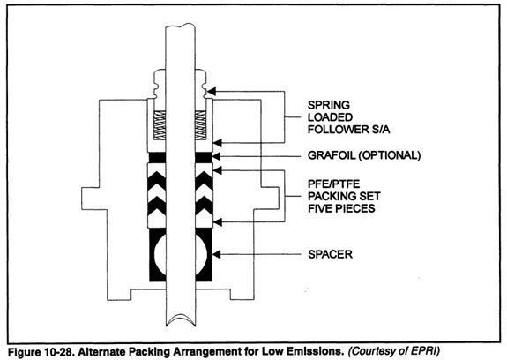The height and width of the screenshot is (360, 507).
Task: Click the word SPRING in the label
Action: pos(329,105)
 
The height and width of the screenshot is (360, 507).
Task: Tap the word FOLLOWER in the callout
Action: pos(338,130)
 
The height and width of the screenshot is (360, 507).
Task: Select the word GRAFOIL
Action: pos(332,155)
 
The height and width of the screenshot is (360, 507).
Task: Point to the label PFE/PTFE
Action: pos(333,184)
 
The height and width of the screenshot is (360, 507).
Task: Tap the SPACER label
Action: pos(330,254)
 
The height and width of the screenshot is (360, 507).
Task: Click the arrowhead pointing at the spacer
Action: pos(216,254)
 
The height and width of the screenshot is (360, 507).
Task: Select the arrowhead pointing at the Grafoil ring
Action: pos(216,156)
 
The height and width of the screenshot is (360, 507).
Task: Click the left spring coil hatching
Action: pos(160,125)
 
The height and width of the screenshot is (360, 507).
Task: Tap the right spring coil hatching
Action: pos(200,125)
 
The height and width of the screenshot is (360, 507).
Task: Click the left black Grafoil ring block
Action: pos(157,158)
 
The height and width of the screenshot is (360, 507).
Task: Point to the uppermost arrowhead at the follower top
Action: pos(211,92)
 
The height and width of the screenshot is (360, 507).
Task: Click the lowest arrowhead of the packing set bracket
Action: pos(218,222)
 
